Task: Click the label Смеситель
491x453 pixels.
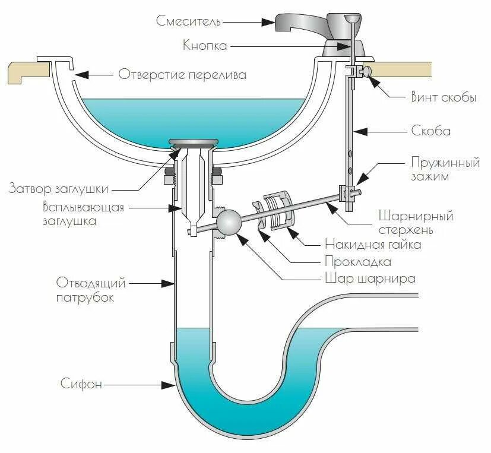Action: [188, 21]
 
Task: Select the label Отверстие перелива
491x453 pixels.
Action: [182, 75]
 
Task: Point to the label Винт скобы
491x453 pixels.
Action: [443, 98]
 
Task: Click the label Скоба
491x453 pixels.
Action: [430, 131]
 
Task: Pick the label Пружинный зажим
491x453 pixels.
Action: [444, 169]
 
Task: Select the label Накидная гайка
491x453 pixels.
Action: [373, 244]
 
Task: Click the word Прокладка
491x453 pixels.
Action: [357, 261]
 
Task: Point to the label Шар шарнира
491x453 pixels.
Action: [369, 278]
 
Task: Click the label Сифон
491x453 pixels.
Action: [81, 384]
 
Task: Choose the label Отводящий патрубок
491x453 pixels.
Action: [85, 289]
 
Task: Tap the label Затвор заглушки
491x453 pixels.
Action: [58, 189]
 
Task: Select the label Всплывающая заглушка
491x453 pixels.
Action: [83, 213]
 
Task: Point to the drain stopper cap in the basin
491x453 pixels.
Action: [194, 142]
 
